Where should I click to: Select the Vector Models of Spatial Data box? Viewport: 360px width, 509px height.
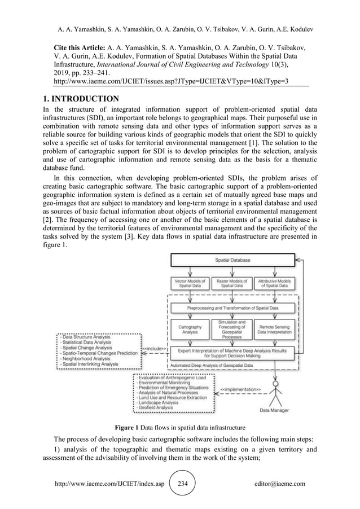point(188,283)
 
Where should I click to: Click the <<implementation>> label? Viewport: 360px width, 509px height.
point(239,389)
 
